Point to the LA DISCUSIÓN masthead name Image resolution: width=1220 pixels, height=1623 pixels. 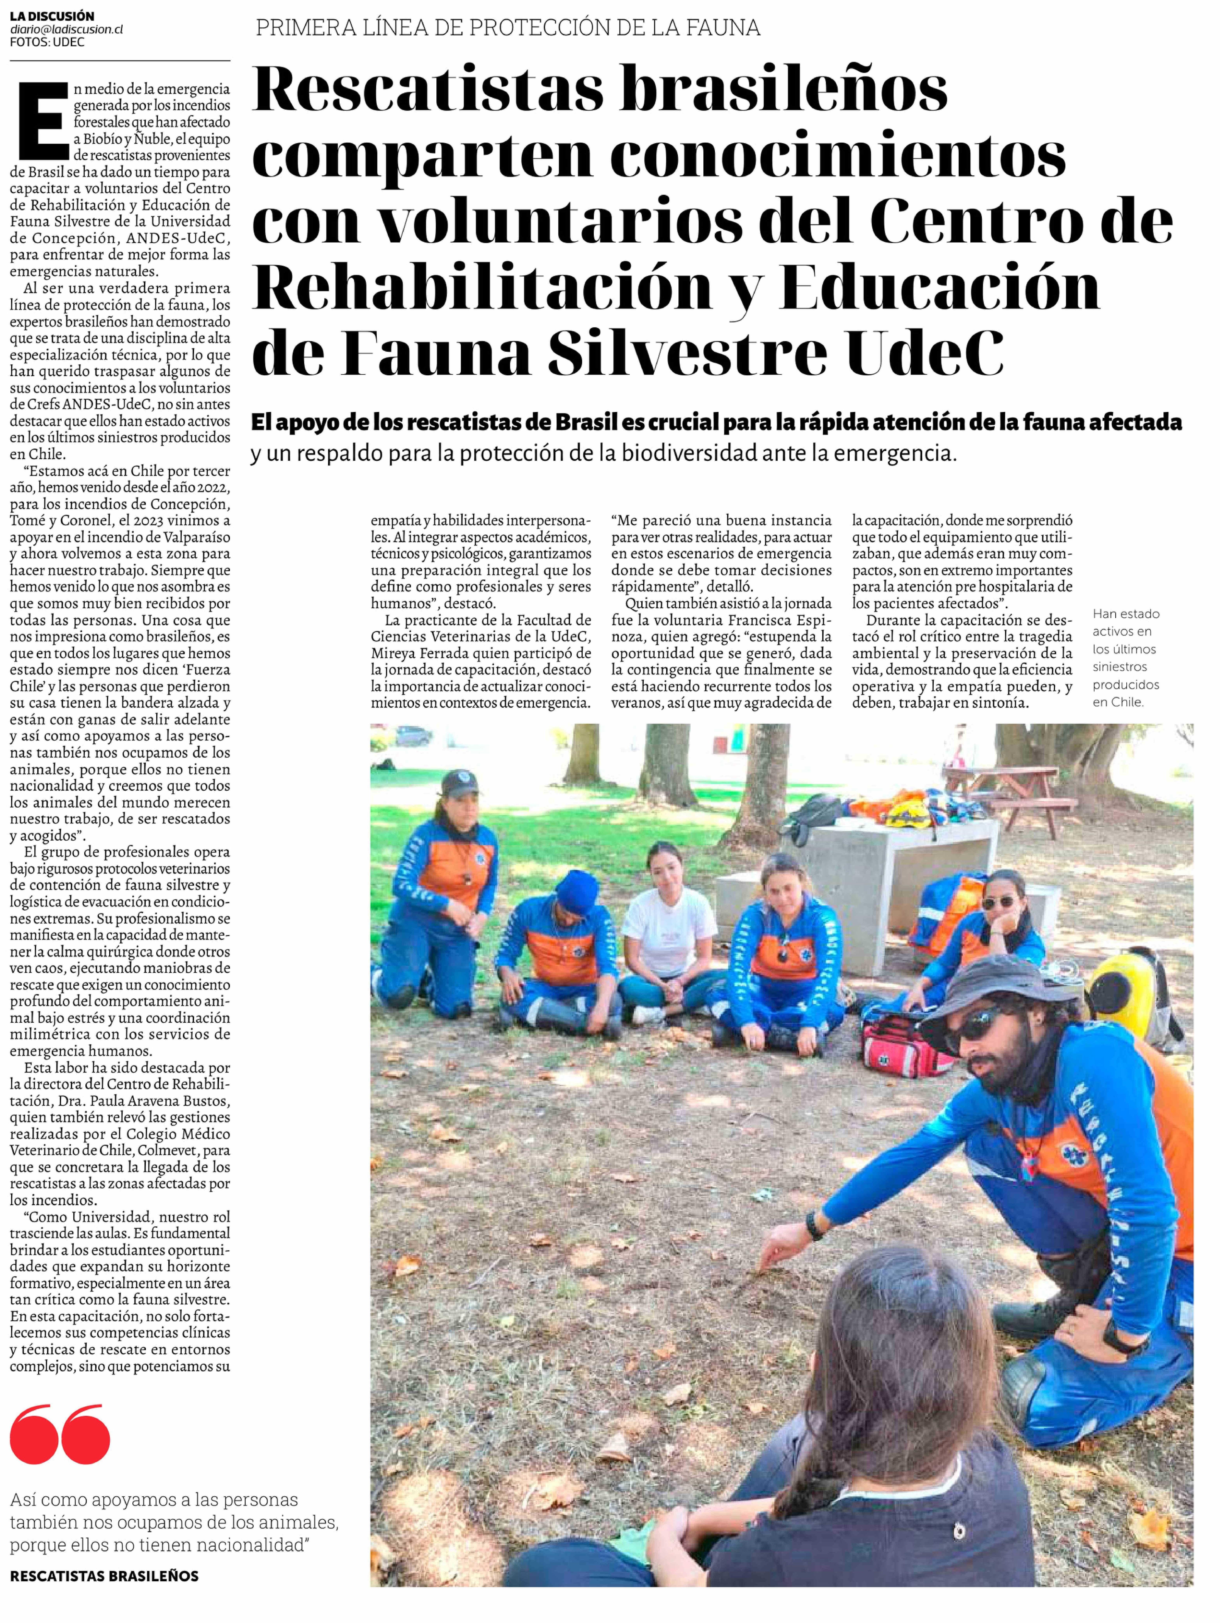coord(52,15)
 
